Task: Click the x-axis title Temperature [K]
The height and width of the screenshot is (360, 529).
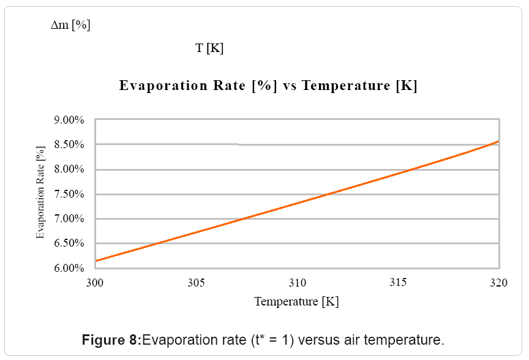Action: pos(296,301)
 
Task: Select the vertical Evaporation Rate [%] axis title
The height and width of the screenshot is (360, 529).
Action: pos(40,192)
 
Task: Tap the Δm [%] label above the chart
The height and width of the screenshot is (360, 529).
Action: pos(70,25)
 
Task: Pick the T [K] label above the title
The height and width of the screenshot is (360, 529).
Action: pos(209,48)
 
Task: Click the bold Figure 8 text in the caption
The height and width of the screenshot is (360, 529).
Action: pos(111,340)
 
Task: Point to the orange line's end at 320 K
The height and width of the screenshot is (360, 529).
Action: pos(498,141)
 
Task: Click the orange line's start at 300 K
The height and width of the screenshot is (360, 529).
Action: pos(96,261)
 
